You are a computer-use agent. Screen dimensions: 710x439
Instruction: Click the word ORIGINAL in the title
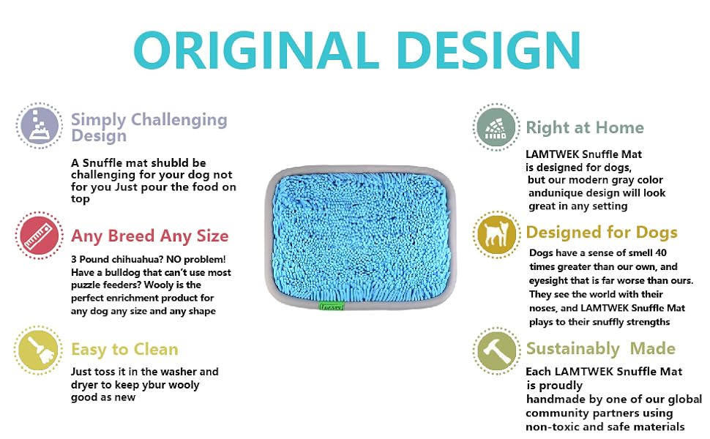coord(256,50)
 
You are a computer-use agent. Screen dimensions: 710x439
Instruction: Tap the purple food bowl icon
coord(40,125)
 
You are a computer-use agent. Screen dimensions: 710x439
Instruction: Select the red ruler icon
coord(39,236)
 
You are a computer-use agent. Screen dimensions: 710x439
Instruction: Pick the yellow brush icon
coord(39,350)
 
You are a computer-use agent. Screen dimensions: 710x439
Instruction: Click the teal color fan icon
coord(496,127)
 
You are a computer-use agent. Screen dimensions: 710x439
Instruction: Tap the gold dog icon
coord(496,234)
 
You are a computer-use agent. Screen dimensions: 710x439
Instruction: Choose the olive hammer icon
coord(496,350)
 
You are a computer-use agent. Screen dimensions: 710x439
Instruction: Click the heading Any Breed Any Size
coord(150,236)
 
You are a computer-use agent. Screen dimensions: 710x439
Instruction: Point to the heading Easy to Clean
coord(124,350)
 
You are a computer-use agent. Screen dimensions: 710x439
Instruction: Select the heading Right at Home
coord(585,127)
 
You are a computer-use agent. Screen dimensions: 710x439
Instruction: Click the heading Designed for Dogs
coord(602,232)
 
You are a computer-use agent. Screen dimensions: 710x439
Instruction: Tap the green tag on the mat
coord(332,307)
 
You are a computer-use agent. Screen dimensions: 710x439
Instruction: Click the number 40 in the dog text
coord(661,252)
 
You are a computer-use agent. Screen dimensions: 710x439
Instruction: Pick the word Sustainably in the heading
coord(573,348)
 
